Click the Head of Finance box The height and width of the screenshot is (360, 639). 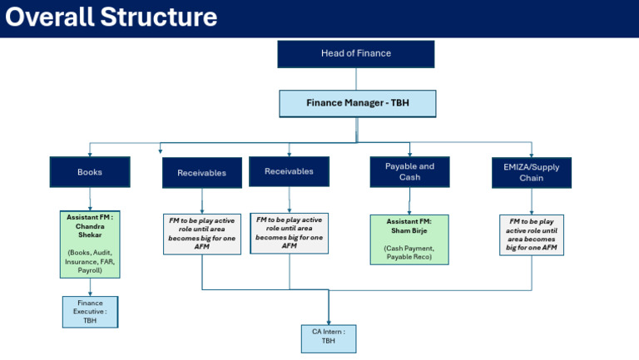click(356, 54)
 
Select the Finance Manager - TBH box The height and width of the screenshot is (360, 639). click(358, 103)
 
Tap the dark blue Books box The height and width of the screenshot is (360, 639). click(90, 172)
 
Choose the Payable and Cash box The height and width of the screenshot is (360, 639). click(409, 172)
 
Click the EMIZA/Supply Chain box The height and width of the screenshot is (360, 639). click(532, 173)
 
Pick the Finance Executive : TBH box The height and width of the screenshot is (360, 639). click(90, 312)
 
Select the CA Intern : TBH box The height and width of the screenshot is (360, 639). click(329, 339)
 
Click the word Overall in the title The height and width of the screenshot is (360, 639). click(49, 17)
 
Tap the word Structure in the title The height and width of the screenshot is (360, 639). click(159, 17)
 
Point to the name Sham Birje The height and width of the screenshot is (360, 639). click(409, 230)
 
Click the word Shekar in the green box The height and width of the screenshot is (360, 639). click(90, 235)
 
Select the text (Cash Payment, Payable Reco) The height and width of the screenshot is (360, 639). click(409, 253)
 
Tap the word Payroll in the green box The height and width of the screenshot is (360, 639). click(90, 270)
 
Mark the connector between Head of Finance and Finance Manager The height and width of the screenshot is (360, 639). click(356, 79)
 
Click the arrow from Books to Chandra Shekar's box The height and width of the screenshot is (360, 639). click(90, 200)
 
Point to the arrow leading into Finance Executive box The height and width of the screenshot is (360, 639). click(90, 287)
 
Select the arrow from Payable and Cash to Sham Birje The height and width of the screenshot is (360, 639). click(409, 201)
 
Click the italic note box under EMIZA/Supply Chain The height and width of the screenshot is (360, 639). click(532, 235)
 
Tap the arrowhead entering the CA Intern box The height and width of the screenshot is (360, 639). click(329, 323)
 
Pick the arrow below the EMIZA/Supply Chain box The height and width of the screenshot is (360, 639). click(532, 201)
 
